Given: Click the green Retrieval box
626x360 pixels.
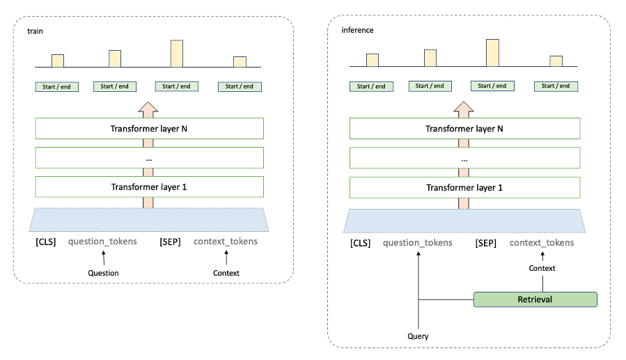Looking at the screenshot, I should click(x=535, y=299).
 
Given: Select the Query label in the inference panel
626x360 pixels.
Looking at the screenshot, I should click(x=418, y=336).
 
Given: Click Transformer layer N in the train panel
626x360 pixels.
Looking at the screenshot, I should click(x=150, y=129).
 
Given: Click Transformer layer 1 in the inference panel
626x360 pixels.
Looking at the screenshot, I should click(x=464, y=187).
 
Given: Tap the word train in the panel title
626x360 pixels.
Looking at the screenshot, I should click(x=35, y=31).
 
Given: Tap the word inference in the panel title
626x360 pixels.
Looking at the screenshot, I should click(x=357, y=31).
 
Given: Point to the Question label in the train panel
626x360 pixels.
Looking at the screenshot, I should click(x=103, y=273).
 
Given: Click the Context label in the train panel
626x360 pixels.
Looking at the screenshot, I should click(x=226, y=273).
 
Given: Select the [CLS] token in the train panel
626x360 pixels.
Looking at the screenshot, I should click(x=46, y=242).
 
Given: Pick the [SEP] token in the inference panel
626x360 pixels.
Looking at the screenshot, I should click(x=485, y=242).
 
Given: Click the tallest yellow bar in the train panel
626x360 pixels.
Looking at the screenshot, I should click(x=177, y=54).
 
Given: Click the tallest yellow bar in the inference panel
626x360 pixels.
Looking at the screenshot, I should click(x=492, y=53).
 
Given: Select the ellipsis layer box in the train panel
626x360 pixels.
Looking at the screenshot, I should click(x=150, y=158).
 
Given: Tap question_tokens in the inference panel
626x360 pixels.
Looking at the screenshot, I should click(x=418, y=242).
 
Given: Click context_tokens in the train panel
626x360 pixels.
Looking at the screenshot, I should click(x=226, y=242).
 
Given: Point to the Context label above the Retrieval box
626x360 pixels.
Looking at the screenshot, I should click(x=542, y=268).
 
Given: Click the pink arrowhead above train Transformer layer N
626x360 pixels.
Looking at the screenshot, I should click(x=148, y=108).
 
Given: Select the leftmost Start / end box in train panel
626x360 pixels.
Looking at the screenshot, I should click(x=57, y=87).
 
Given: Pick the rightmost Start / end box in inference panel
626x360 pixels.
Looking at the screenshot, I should click(x=555, y=86).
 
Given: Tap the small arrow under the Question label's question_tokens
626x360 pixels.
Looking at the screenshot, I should click(x=102, y=258).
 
